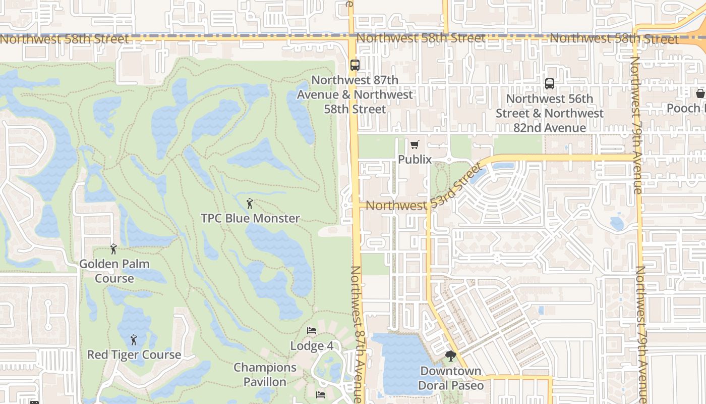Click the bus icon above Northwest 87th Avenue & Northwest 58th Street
(355, 65)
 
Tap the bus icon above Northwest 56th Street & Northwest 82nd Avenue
(549, 84)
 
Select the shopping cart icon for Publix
(415, 145)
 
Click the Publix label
(415, 160)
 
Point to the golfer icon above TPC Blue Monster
(250, 204)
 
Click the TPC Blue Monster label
(250, 219)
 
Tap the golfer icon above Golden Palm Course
(113, 249)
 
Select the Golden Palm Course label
(114, 271)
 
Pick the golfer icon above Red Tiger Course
(134, 340)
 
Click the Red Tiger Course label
(134, 355)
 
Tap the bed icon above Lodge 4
(312, 331)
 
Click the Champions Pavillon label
(265, 375)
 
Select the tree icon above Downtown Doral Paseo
(450, 357)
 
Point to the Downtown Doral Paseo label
(451, 378)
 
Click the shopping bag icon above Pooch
(700, 93)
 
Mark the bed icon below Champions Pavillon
(320, 394)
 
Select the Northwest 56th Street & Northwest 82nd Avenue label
(549, 113)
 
